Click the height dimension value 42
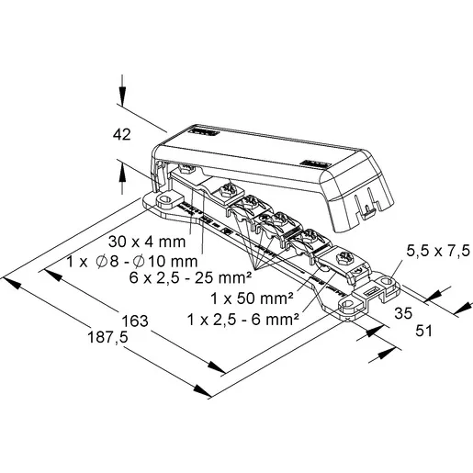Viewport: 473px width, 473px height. click(x=122, y=135)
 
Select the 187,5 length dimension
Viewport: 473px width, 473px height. click(x=107, y=337)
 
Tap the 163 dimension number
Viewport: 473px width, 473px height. click(x=135, y=321)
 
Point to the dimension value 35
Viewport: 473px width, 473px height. click(x=403, y=313)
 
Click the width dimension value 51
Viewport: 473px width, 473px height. click(x=423, y=331)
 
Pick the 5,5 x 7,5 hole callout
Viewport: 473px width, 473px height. click(x=438, y=251)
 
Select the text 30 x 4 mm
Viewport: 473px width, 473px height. click(x=147, y=242)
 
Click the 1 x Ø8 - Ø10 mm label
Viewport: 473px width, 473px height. click(x=132, y=262)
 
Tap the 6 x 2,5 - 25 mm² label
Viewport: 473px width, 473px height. click(x=190, y=278)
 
